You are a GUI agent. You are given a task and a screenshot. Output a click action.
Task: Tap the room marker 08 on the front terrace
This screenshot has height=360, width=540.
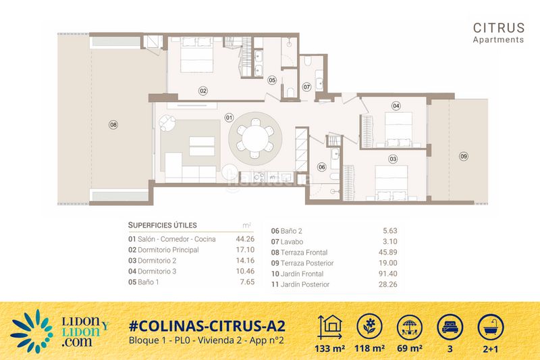click(113, 124)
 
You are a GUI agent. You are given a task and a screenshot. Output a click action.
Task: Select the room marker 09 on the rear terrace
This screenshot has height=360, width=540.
click(463, 156)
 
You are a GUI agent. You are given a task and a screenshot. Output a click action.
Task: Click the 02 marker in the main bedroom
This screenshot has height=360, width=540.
click(202, 91)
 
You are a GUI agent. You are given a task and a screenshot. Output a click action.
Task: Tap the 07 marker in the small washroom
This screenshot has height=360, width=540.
click(306, 86)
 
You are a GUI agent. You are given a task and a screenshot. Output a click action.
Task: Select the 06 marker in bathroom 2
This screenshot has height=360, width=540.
click(322, 166)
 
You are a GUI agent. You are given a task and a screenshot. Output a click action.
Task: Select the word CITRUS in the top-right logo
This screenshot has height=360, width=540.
click(498, 28)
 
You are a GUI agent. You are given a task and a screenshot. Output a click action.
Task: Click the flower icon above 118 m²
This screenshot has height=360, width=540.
click(370, 325)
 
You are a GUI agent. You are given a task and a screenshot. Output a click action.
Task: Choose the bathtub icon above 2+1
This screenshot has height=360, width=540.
click(490, 325)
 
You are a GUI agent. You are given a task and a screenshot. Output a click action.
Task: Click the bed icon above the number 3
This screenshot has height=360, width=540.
click(450, 325)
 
